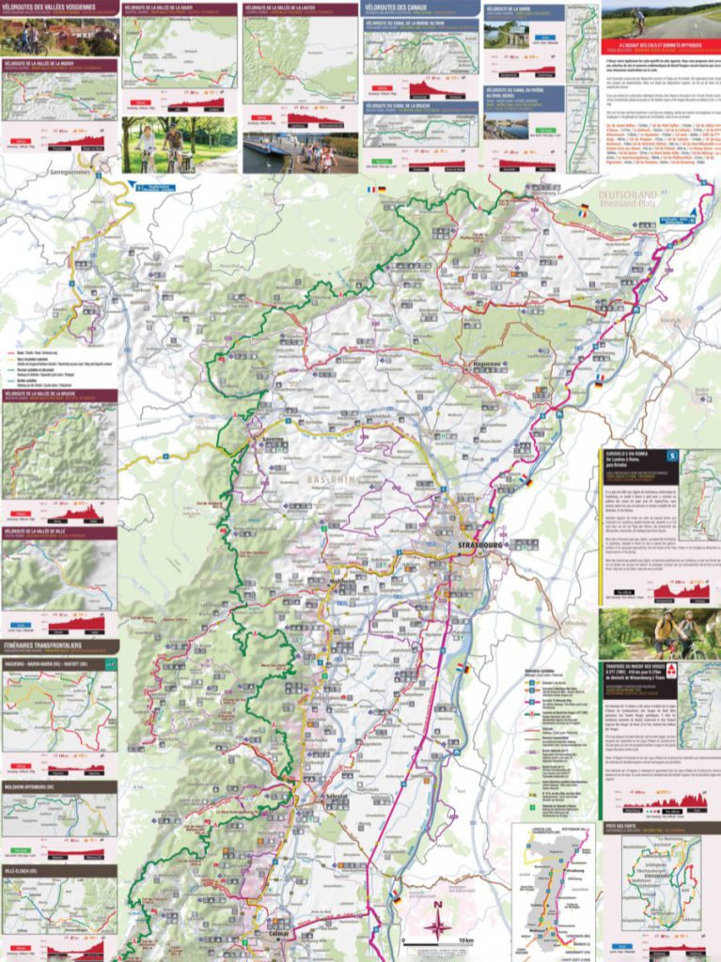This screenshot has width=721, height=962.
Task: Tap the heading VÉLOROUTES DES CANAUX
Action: click(404, 9)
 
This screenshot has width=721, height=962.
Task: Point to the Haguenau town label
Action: click(486, 362)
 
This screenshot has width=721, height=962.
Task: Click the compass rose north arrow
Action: click(437, 925)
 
